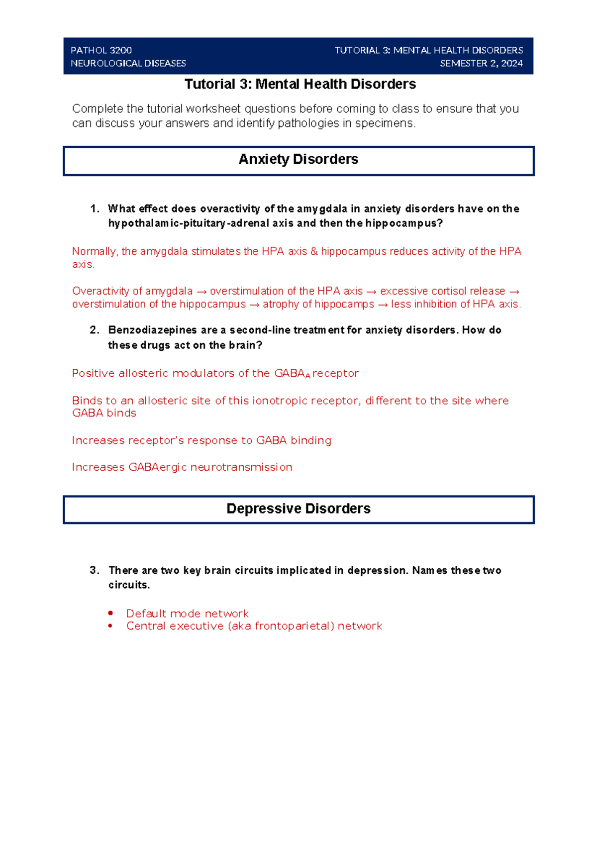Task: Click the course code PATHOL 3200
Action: coord(101,50)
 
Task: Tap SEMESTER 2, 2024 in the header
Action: coord(481,63)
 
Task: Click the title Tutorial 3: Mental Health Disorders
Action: coord(300,84)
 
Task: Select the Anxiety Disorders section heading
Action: coord(298,159)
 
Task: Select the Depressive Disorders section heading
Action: coord(298,509)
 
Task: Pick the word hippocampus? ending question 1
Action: coord(403,223)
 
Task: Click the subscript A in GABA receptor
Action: coord(308,376)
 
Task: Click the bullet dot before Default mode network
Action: coord(110,613)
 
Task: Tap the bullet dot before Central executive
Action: coord(110,626)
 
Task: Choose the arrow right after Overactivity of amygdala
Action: coord(201,291)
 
